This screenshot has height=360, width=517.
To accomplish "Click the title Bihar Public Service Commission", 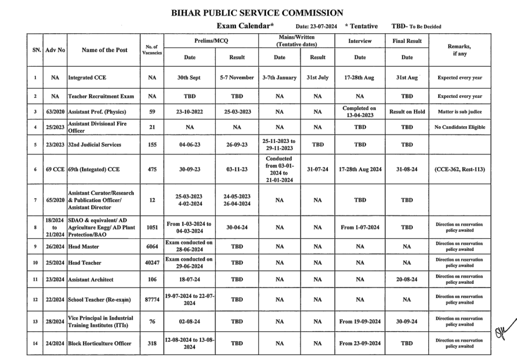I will coord(258,13).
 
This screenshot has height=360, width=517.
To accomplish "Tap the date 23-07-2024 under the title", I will coord(317,27).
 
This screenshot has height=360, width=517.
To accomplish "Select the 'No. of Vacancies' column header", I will coord(152,49).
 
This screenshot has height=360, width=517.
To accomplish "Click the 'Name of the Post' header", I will coord(105,50).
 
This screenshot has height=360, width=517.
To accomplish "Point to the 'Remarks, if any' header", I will coord(459,49).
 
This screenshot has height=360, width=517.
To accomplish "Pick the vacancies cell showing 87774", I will coord(152,299).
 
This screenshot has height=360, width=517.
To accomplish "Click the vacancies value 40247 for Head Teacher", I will coord(152,263).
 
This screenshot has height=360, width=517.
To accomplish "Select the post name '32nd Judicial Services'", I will coord(95,144).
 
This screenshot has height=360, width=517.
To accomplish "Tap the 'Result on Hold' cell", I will coord(407,112).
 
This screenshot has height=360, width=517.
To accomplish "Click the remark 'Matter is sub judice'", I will coord(459,112).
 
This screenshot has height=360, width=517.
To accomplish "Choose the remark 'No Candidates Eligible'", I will coord(459,127).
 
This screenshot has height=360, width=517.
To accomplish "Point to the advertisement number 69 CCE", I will coord(55,170).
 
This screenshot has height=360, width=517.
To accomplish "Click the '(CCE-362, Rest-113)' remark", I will coord(459,170).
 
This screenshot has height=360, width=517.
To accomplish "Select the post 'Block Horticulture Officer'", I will coord(99,343).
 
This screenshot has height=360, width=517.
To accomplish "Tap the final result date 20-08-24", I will coord(407,279).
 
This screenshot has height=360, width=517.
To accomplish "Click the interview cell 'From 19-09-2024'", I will coord(360,322).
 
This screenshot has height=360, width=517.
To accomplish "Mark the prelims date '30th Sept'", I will coord(189,78).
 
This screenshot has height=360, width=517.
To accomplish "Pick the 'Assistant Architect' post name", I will coord(91,279).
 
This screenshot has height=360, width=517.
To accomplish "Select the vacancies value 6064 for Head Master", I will coord(152,246).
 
